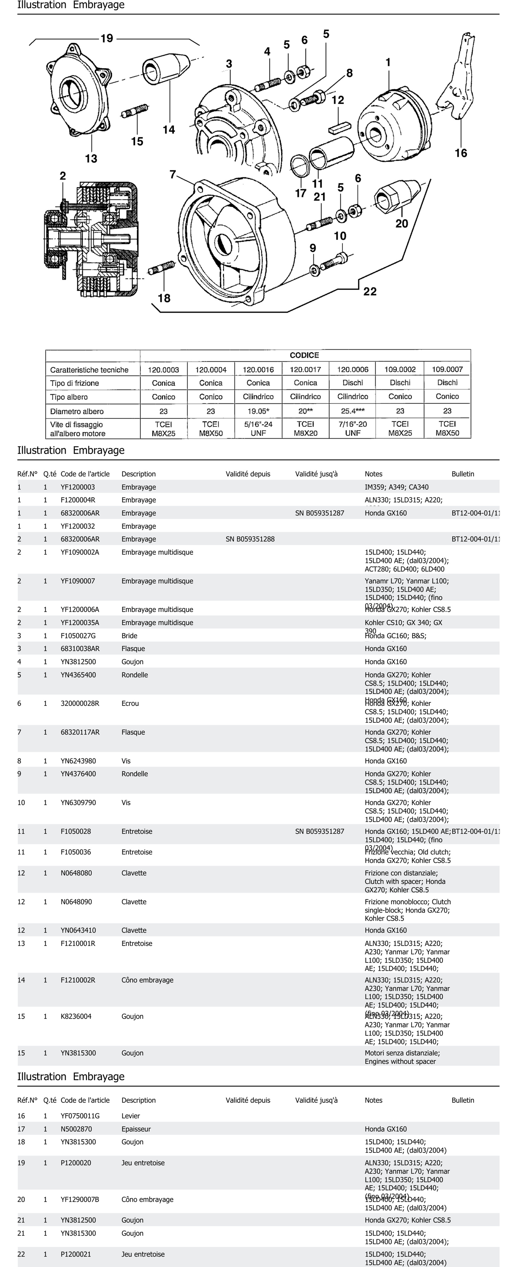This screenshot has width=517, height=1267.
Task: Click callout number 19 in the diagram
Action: coord(107,38)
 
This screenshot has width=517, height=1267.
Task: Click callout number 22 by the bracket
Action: coord(370,292)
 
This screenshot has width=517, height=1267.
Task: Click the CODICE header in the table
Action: coord(304,355)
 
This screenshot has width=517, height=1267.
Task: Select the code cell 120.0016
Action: coord(258,369)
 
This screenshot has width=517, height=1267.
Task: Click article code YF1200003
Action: coord(78,487)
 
